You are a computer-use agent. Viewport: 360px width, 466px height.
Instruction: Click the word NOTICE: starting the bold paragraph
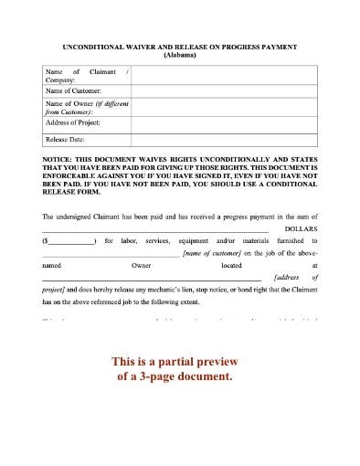point(59,158)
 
